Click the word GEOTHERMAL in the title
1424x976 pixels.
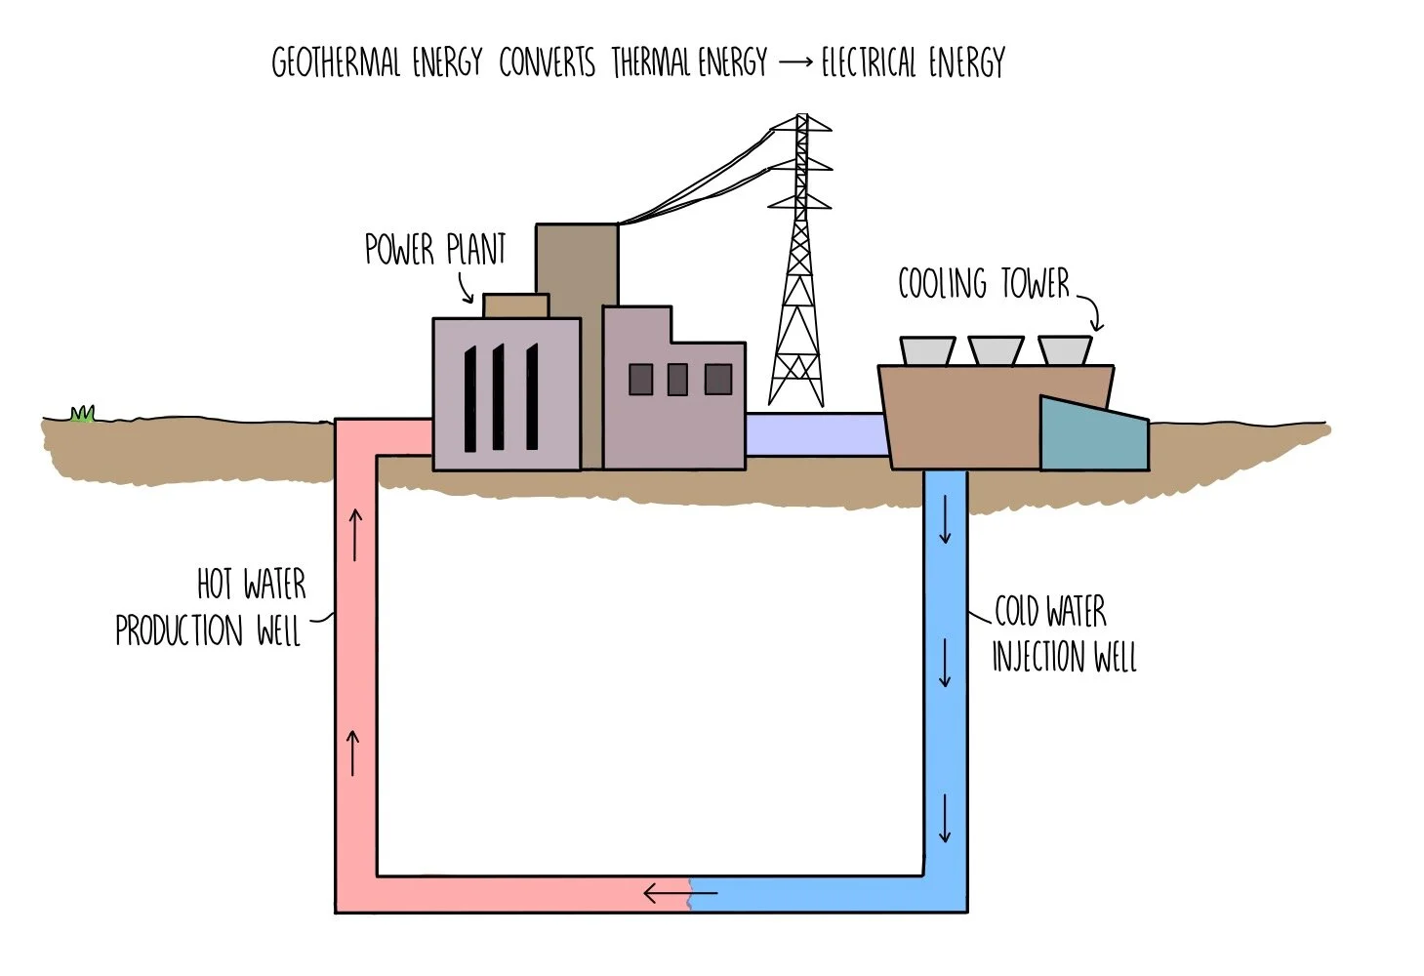[335, 63]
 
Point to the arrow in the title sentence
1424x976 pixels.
[795, 62]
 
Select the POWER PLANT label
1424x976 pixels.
[435, 250]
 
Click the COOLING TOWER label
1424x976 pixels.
[983, 284]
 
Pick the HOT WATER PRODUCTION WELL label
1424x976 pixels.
[210, 608]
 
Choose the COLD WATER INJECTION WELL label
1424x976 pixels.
[1063, 634]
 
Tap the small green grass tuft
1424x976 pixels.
[83, 415]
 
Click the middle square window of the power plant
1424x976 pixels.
[677, 379]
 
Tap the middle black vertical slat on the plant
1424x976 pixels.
[499, 397]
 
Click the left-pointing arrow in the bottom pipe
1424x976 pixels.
[679, 892]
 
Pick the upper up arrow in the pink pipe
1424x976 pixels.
[355, 534]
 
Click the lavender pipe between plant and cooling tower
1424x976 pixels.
[816, 434]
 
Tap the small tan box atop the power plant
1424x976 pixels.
[515, 305]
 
